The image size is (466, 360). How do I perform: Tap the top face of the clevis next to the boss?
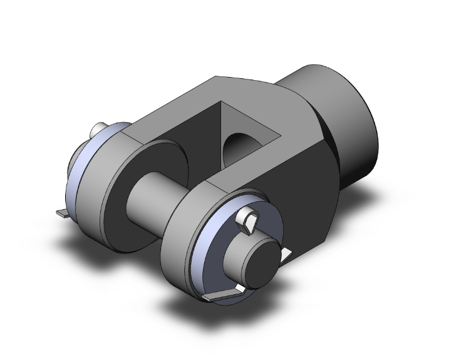(251, 88)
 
